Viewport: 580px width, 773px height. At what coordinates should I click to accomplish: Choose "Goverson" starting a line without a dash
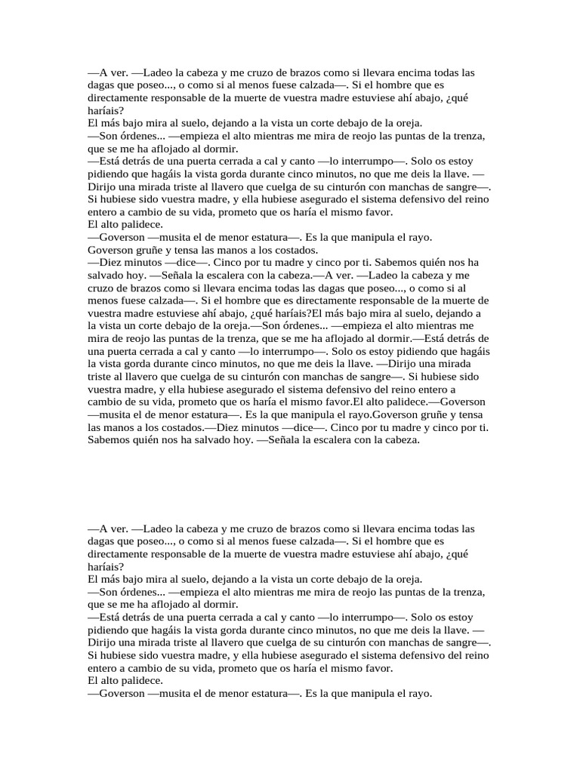coord(111,249)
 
